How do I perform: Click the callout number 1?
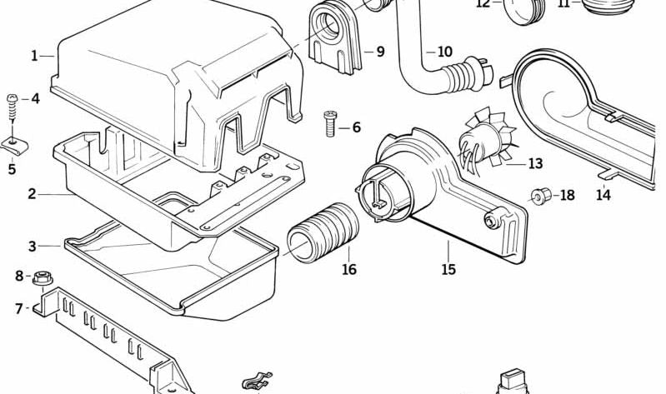(34, 56)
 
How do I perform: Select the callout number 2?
(32, 194)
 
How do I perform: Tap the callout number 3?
(32, 247)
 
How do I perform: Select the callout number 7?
(19, 309)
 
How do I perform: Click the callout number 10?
(444, 52)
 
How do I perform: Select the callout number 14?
(603, 195)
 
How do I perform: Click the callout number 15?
(448, 269)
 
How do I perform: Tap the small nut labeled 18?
(539, 197)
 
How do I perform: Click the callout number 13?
(534, 163)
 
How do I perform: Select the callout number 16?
(348, 269)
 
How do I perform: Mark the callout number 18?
(567, 196)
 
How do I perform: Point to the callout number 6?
(356, 127)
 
